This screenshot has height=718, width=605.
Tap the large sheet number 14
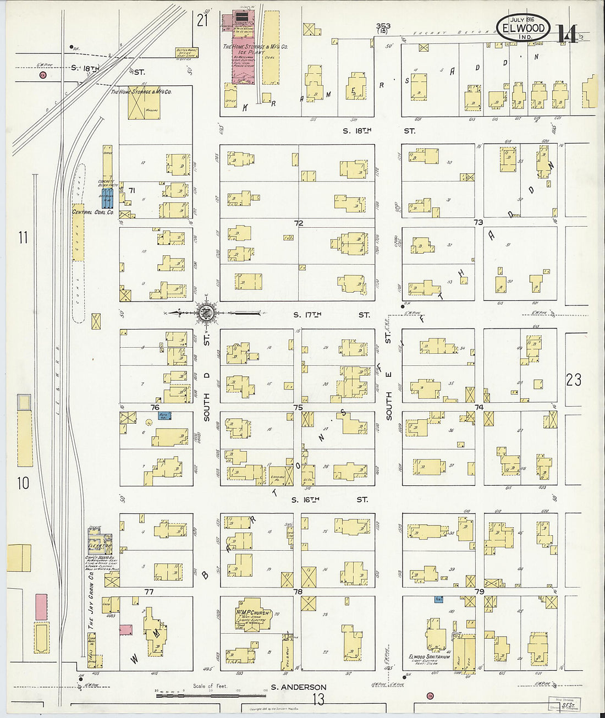point(566,34)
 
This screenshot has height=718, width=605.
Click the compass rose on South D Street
point(206,314)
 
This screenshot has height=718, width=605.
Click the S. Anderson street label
point(299,687)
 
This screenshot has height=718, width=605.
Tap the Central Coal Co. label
point(93,212)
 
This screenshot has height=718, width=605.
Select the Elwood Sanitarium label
point(430,657)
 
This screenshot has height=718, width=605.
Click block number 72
point(299,223)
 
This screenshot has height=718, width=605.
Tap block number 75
point(298,407)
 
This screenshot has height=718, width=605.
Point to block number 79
point(479,592)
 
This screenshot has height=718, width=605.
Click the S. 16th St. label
point(330,500)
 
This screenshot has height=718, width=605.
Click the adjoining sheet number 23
point(573,379)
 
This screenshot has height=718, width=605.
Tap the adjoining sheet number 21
point(202,20)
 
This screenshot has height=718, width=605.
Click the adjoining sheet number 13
point(318,699)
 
